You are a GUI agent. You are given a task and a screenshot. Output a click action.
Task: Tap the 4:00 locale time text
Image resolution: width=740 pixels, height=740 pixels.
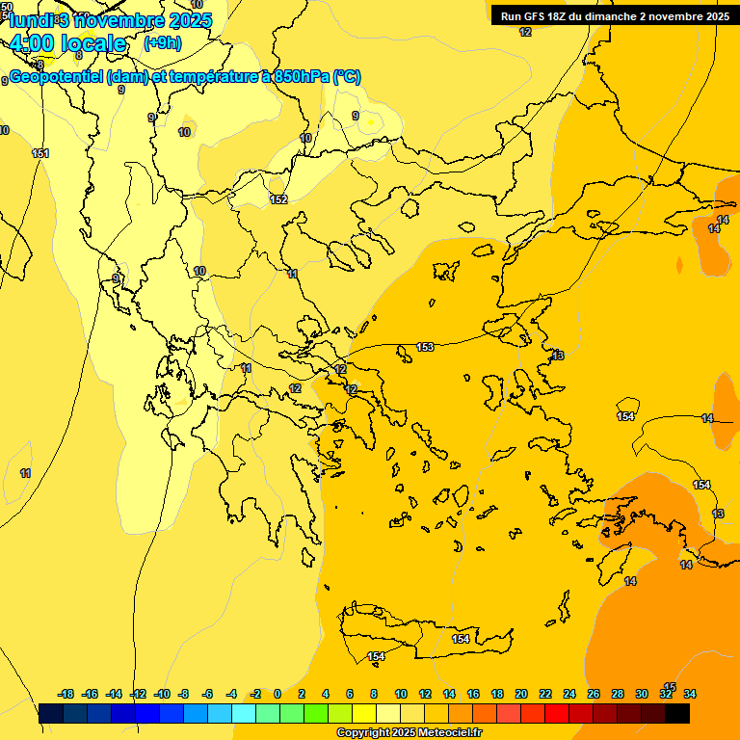tap(68, 43)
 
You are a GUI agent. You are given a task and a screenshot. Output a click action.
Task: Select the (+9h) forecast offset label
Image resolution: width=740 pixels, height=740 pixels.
tap(161, 42)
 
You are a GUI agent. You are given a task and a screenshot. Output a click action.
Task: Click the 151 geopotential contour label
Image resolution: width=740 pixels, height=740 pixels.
tap(40, 153)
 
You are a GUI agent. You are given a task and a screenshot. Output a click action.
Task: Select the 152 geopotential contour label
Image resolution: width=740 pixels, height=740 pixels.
tap(278, 199)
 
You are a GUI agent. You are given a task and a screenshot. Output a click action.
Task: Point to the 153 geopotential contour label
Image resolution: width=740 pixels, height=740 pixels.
tap(425, 347)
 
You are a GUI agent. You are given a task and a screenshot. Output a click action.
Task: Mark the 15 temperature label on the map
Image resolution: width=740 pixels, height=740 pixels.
tap(671, 686)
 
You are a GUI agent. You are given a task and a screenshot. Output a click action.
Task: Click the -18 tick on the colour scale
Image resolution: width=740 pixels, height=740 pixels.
tap(66, 694)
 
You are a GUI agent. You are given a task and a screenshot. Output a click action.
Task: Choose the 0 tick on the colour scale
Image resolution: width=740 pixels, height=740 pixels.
tap(277, 694)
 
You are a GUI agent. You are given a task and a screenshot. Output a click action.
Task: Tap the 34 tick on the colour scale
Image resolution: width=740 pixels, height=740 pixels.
tap(690, 694)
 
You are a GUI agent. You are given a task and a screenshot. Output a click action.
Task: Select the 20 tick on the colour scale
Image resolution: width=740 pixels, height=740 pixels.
tap(521, 694)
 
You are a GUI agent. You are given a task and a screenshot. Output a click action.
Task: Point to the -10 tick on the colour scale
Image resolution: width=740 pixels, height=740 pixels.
tap(161, 694)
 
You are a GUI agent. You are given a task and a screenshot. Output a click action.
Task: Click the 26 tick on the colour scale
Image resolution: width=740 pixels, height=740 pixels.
tap(594, 694)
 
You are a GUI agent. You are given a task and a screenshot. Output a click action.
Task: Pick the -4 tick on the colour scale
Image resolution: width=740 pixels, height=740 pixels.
tap(231, 694)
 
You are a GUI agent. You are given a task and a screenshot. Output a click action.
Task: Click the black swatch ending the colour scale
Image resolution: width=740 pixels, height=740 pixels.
tap(677, 714)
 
